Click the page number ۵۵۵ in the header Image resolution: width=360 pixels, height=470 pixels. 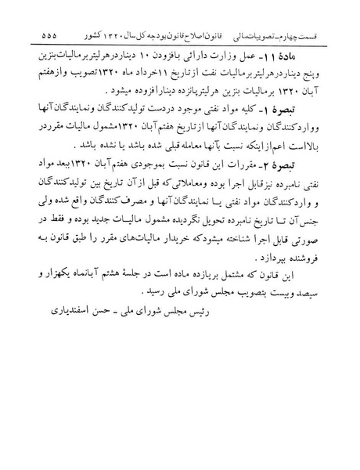point(37,36)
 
